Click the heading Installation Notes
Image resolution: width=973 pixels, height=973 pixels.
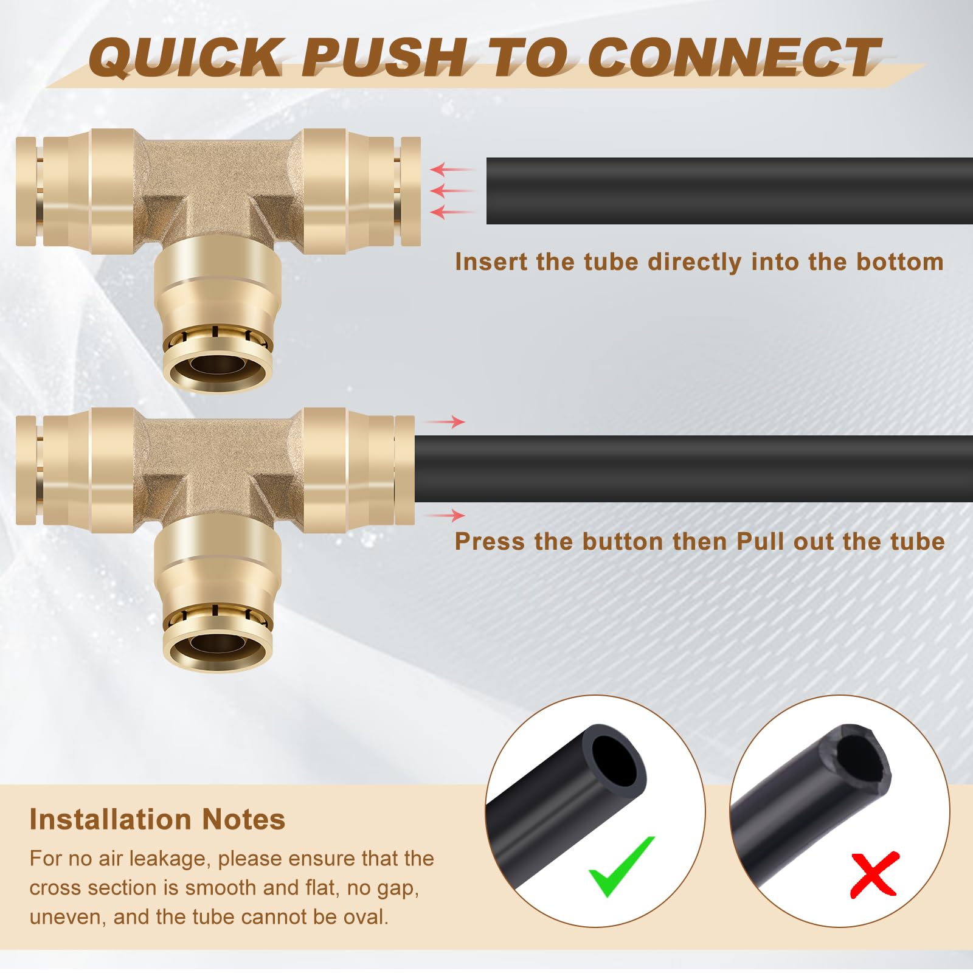[x=157, y=819]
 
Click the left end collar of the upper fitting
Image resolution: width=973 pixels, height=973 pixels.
[x=26, y=191]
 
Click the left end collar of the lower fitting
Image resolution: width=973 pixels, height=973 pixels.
[x=26, y=469]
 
